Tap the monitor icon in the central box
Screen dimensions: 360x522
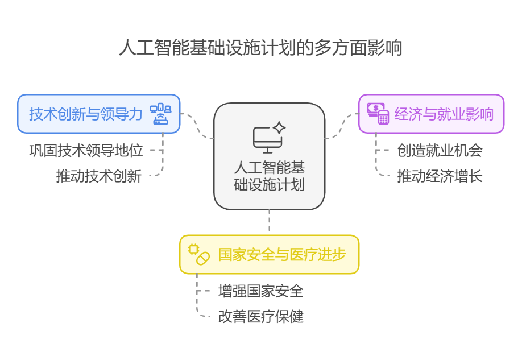click(268, 139)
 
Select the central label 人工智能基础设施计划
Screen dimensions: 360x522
click(269, 176)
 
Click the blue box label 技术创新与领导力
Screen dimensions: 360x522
click(86, 114)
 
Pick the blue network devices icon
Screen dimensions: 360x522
click(160, 114)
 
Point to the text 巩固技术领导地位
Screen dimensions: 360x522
click(86, 151)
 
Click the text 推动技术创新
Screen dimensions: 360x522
click(98, 176)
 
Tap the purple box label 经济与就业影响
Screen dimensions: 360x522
click(444, 114)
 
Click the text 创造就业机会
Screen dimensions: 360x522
click(440, 151)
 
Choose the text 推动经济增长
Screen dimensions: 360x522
click(440, 176)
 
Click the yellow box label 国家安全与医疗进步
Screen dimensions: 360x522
click(281, 254)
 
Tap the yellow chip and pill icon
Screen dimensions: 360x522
click(199, 254)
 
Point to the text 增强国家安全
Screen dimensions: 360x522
click(260, 291)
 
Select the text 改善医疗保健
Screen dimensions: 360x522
click(260, 316)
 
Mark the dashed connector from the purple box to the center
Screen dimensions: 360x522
click(341, 125)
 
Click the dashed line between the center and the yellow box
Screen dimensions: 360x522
click(270, 222)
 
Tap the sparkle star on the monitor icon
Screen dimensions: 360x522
click(279, 128)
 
